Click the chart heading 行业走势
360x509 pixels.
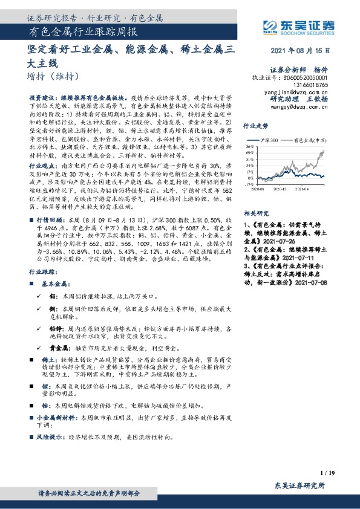(x=255, y=127)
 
